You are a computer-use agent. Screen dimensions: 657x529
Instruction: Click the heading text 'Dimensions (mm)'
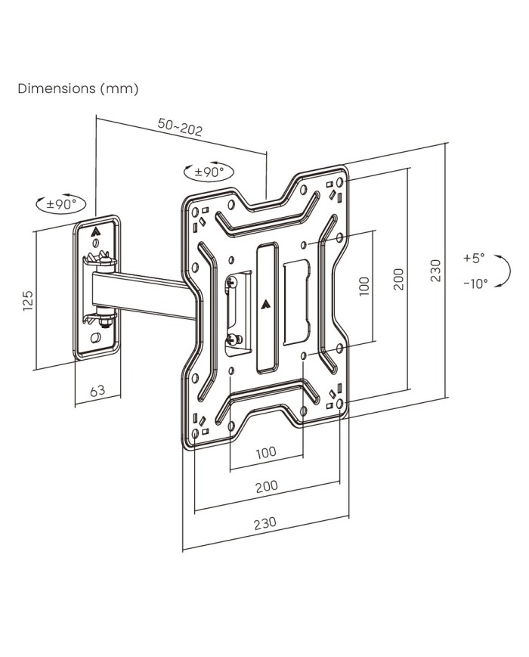pyautogui.click(x=78, y=88)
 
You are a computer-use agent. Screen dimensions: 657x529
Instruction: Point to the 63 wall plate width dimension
pyautogui.click(x=97, y=391)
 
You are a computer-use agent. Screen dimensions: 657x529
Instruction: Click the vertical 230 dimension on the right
pyautogui.click(x=435, y=270)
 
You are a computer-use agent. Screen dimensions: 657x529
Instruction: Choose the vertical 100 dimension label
pyautogui.click(x=363, y=286)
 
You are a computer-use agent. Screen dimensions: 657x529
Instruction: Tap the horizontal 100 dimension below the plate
pyautogui.click(x=265, y=453)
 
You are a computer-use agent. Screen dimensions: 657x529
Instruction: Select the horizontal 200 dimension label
pyautogui.click(x=266, y=486)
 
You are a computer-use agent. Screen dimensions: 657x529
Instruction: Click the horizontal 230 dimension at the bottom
pyautogui.click(x=264, y=522)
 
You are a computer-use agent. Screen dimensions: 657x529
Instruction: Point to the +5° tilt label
pyautogui.click(x=474, y=258)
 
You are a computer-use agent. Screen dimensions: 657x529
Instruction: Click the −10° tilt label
pyautogui.click(x=475, y=283)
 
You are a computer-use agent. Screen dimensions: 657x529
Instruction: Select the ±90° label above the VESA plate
pyautogui.click(x=209, y=172)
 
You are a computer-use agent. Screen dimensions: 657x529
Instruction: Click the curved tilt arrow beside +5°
pyautogui.click(x=506, y=270)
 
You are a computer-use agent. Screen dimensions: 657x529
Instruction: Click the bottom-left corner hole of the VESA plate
pyautogui.click(x=196, y=435)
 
